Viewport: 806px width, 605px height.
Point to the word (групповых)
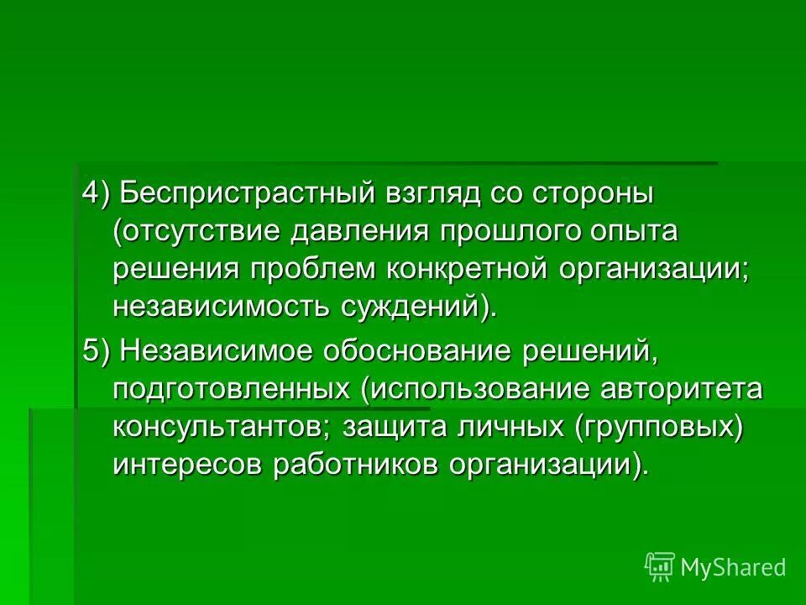click(659, 428)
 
